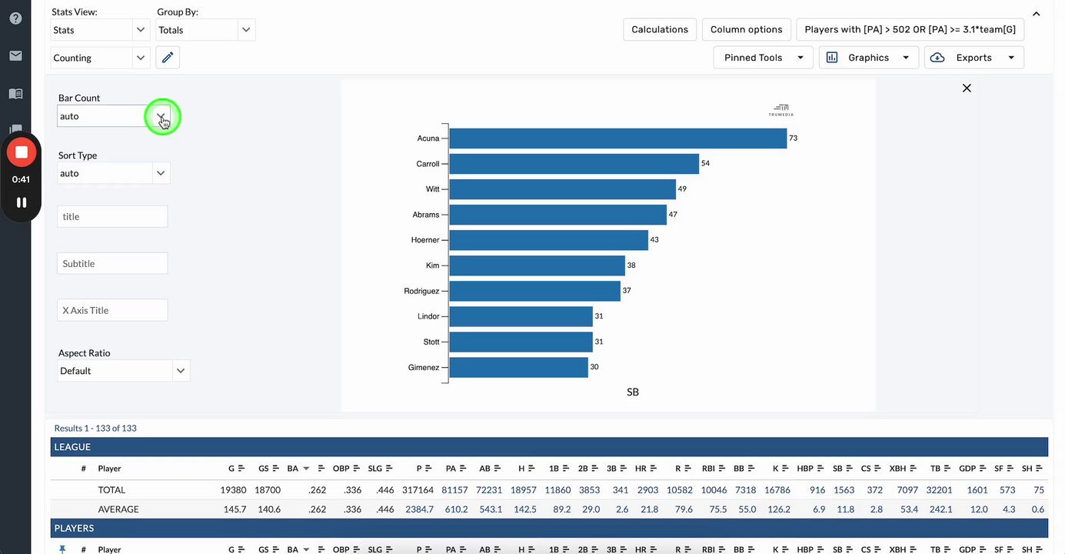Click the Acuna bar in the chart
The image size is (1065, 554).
point(617,138)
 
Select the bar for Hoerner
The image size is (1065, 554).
point(548,240)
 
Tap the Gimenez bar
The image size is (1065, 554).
point(518,367)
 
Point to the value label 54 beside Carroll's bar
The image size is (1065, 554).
point(705,164)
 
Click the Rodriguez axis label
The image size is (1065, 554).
point(421,291)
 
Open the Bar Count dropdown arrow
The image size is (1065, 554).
point(161,116)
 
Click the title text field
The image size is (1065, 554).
point(112,216)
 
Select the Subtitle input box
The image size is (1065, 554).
point(112,263)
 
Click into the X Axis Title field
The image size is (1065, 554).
point(112,310)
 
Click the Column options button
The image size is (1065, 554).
point(746,30)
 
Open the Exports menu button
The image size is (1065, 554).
point(973,58)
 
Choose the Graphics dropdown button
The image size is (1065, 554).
point(868,58)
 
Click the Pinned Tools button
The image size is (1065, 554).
point(763,58)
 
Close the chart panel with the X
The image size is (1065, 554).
point(967,88)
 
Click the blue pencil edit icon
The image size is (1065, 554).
point(168,58)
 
